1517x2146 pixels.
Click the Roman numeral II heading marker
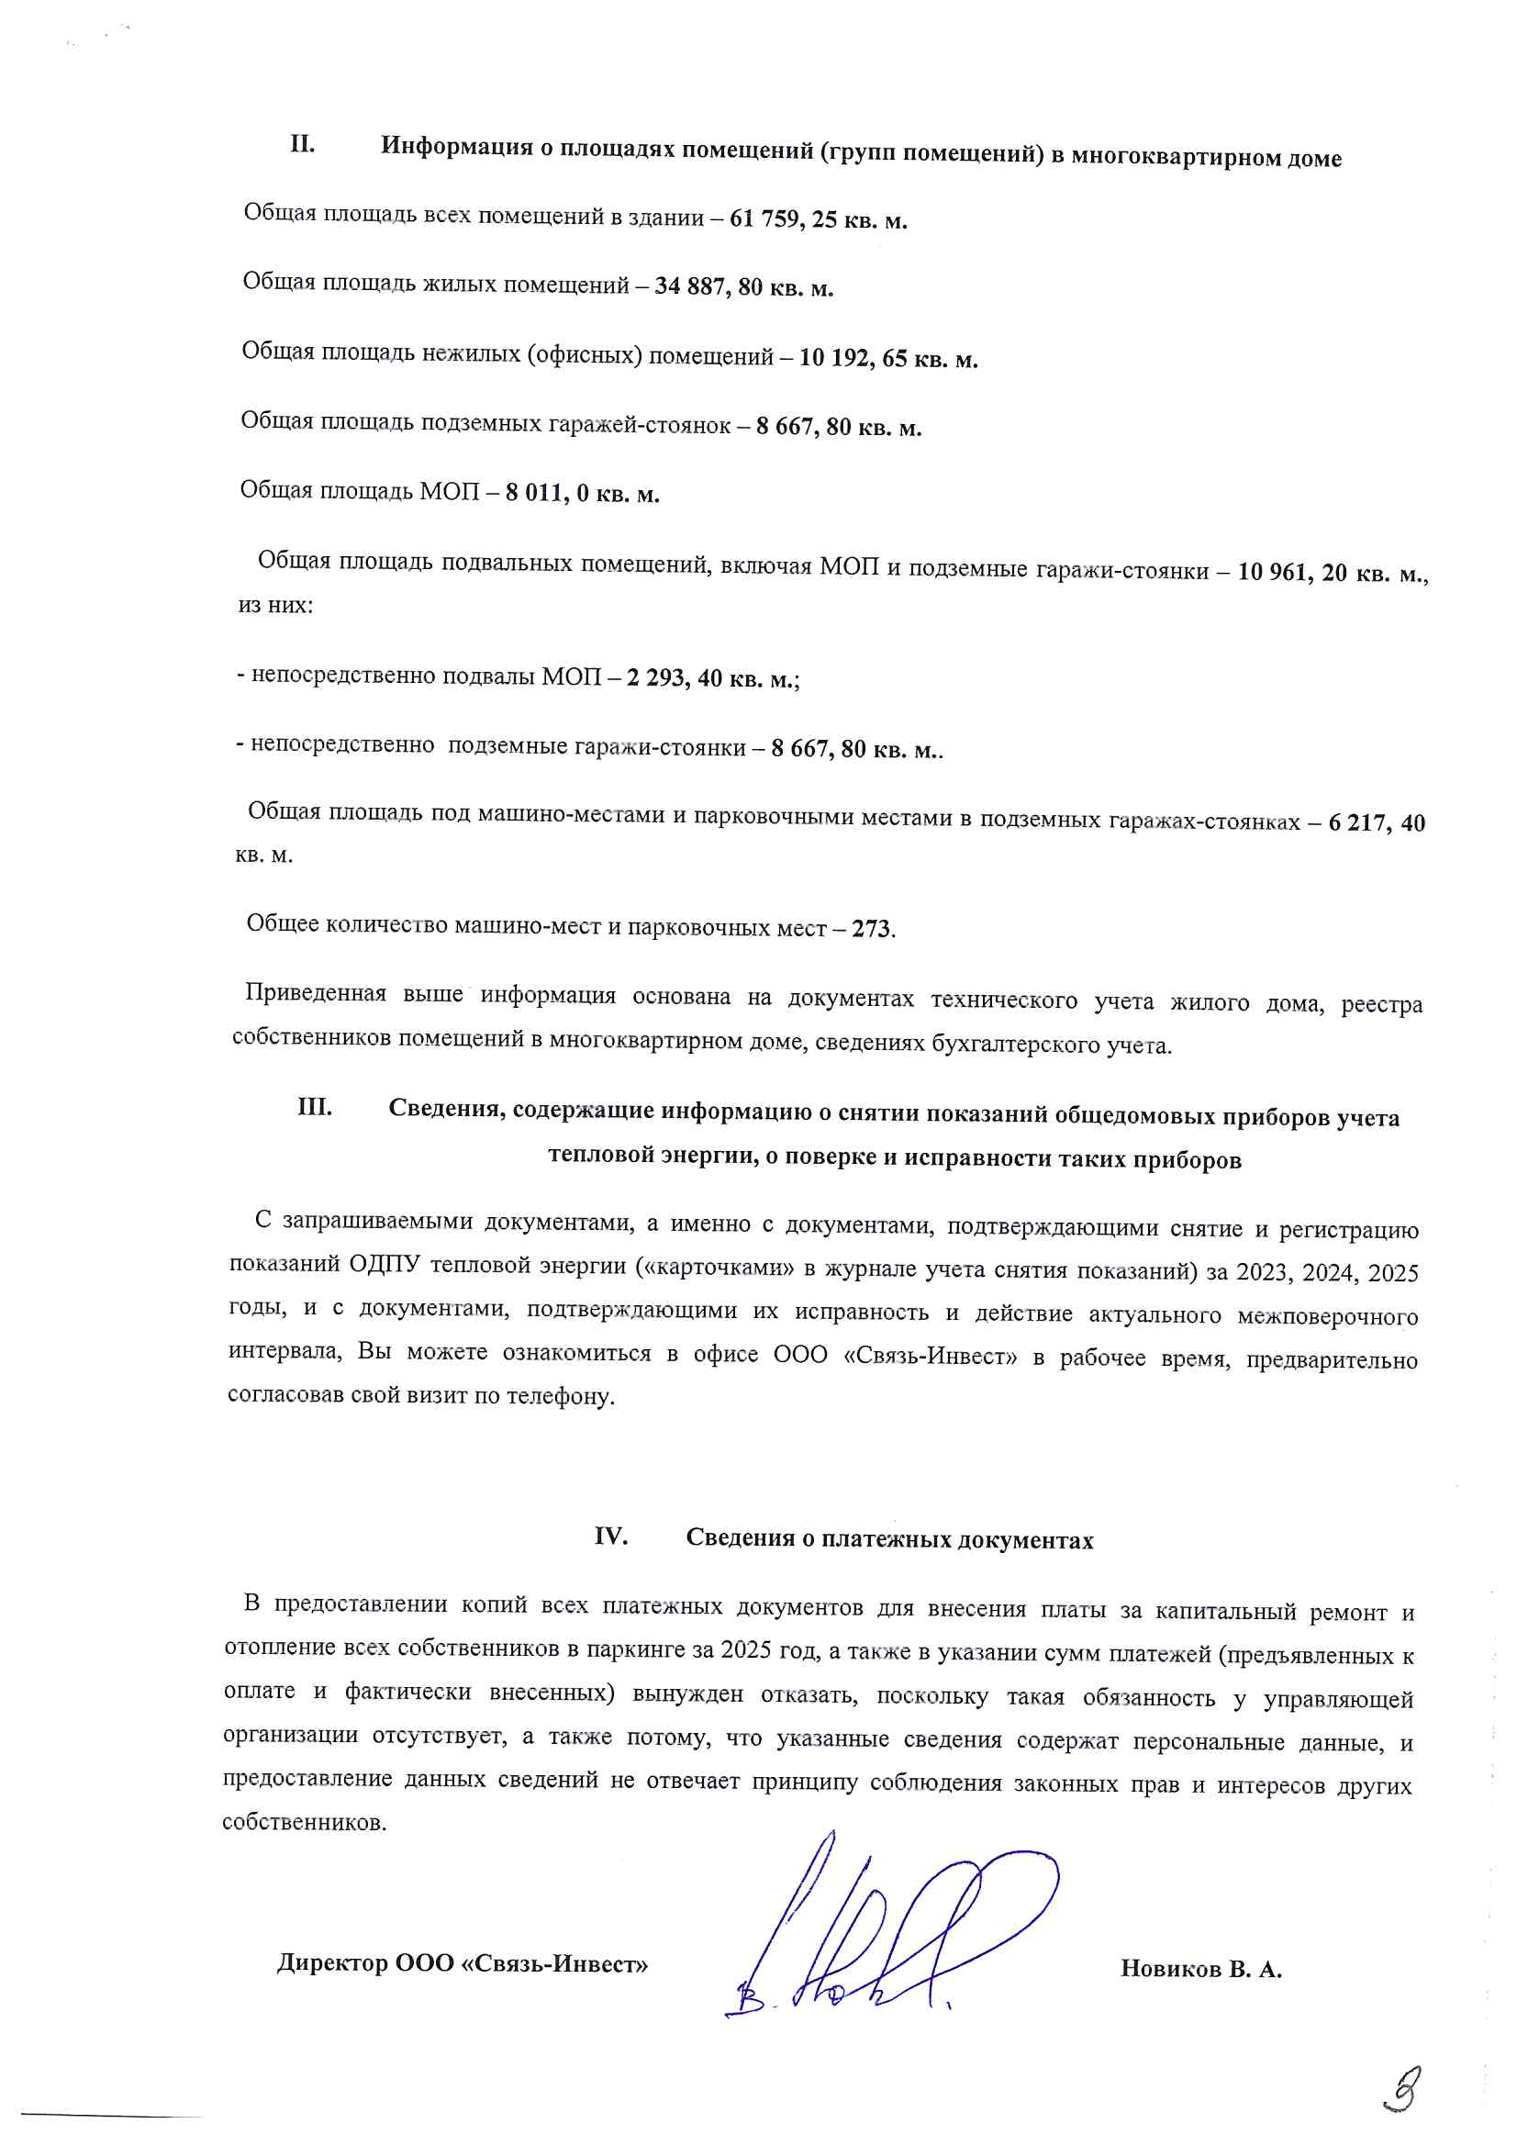tap(302, 145)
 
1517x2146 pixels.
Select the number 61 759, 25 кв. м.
tap(819, 220)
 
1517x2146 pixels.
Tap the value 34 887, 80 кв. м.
tap(744, 287)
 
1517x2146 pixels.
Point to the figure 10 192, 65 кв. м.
tap(888, 359)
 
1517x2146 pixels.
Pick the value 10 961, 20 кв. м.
tap(1332, 572)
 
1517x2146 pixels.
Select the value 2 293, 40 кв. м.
tap(711, 678)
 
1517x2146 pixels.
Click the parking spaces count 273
tap(871, 929)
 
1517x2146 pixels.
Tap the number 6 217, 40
tap(1376, 823)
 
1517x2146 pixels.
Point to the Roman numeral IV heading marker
tap(610, 1537)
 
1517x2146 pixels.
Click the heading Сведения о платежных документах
tap(889, 1539)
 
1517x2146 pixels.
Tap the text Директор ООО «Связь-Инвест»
tap(463, 1963)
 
